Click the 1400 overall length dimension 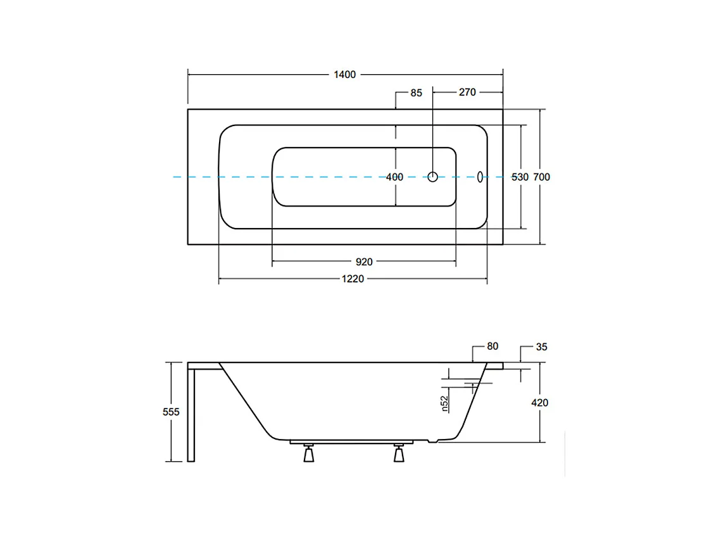click(345, 75)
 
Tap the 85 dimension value click(416, 92)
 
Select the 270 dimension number click(467, 92)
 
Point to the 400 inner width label click(394, 177)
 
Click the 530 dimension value click(520, 177)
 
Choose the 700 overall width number click(541, 177)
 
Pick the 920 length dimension click(363, 262)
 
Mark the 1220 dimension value click(353, 279)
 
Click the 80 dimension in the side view click(493, 346)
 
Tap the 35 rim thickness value click(541, 347)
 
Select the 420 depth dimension click(540, 403)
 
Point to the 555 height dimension click(171, 412)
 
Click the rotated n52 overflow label click(444, 403)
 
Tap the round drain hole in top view click(433, 177)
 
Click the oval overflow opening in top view click(479, 177)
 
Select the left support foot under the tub click(309, 453)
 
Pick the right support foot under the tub click(399, 453)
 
